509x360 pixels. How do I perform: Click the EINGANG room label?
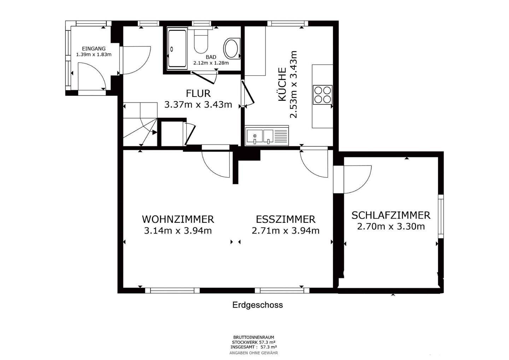[94, 48]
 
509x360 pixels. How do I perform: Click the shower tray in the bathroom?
[177, 48]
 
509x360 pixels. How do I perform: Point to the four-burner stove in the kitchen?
[322, 95]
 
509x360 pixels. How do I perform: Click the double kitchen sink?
[260, 136]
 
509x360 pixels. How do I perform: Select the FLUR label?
[198, 93]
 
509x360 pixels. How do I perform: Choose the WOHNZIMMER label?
[178, 219]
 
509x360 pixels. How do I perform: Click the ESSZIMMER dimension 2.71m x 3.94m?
[286, 231]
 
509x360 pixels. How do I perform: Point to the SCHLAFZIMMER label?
[391, 215]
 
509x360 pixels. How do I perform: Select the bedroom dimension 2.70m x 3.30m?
[391, 226]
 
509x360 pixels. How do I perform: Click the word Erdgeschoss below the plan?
[257, 305]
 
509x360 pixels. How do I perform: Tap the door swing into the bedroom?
[357, 180]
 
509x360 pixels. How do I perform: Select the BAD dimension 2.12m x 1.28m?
[211, 63]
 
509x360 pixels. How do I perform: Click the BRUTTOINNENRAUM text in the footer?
[253, 337]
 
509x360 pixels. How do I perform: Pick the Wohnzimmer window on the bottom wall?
[172, 290]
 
